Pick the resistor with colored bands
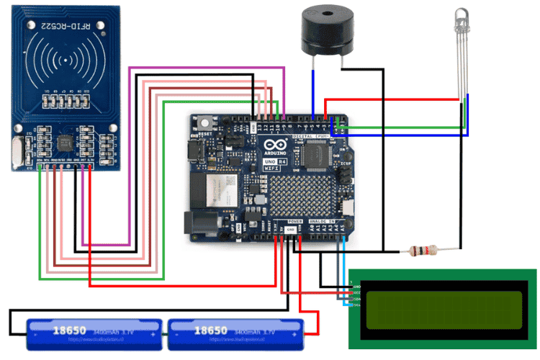tap(423, 251)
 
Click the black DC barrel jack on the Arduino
tap(200, 225)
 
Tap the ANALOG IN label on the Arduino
tap(327, 221)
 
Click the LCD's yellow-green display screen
tap(444, 309)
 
